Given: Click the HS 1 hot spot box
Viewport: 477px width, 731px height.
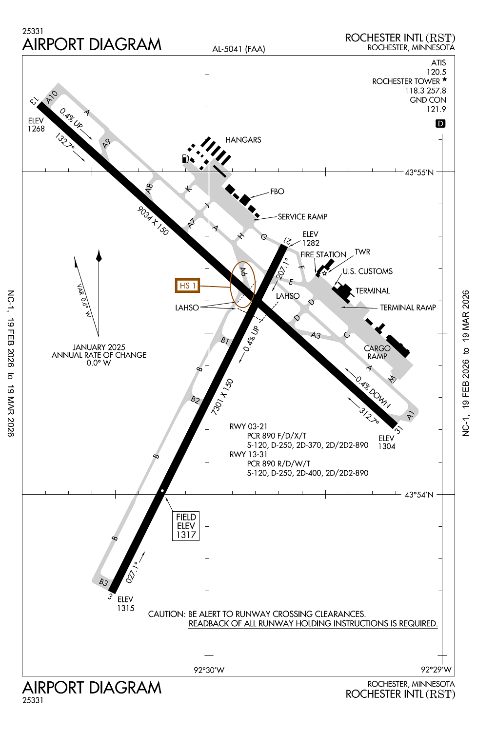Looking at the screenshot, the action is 187,286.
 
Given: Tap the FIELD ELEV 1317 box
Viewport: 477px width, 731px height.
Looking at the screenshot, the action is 186,526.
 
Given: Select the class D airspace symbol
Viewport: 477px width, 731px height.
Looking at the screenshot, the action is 440,124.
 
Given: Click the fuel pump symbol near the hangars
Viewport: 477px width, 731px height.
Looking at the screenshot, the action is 185,158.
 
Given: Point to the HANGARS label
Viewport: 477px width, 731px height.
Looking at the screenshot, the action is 243,140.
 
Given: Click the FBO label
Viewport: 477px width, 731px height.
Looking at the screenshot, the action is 277,192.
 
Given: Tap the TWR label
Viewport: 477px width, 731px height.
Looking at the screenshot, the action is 362,252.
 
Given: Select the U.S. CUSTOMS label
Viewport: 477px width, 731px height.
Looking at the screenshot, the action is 367,271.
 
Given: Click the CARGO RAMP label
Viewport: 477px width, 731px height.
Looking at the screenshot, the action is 377,352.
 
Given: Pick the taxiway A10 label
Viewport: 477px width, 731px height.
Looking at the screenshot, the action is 52,97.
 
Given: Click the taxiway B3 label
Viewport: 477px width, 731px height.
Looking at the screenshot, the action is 103,582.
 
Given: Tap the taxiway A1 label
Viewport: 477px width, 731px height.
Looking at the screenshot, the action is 410,415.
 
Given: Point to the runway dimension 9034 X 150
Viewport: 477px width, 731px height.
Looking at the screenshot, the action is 153,221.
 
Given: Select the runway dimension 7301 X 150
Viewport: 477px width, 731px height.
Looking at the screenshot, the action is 222,397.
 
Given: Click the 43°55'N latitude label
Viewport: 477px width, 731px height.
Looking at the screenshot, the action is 419,173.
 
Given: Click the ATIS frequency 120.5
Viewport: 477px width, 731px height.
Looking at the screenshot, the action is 436,72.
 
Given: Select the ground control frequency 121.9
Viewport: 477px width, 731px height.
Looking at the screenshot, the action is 436,109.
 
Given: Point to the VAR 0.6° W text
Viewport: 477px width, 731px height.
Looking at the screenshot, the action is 83,300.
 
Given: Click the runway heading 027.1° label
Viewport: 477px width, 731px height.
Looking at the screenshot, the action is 132,572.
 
